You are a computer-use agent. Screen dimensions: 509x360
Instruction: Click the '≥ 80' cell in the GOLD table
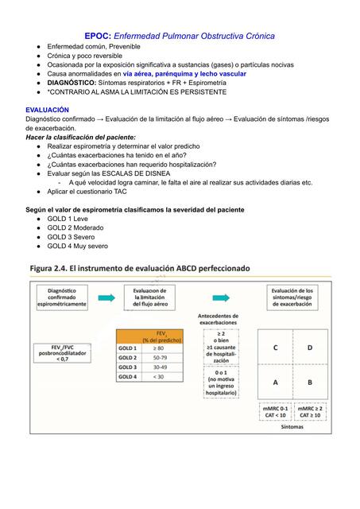[x=163, y=348]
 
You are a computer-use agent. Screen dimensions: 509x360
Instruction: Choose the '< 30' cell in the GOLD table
[x=163, y=376]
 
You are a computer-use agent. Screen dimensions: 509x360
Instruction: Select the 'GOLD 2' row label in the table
[x=127, y=358]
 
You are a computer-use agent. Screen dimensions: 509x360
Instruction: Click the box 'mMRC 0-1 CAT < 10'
[x=275, y=411]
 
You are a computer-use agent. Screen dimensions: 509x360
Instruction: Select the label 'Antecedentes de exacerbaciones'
[x=217, y=321]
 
